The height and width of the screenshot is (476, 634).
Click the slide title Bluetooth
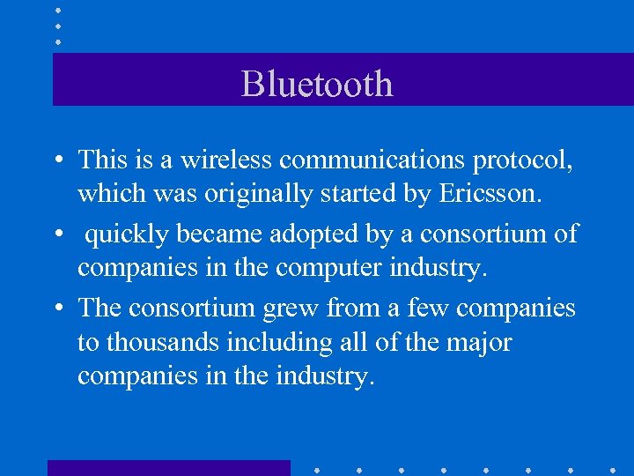(x=317, y=84)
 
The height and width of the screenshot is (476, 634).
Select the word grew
(x=287, y=309)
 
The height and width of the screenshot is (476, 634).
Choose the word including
(x=276, y=341)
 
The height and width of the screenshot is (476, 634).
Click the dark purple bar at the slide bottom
(x=168, y=468)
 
